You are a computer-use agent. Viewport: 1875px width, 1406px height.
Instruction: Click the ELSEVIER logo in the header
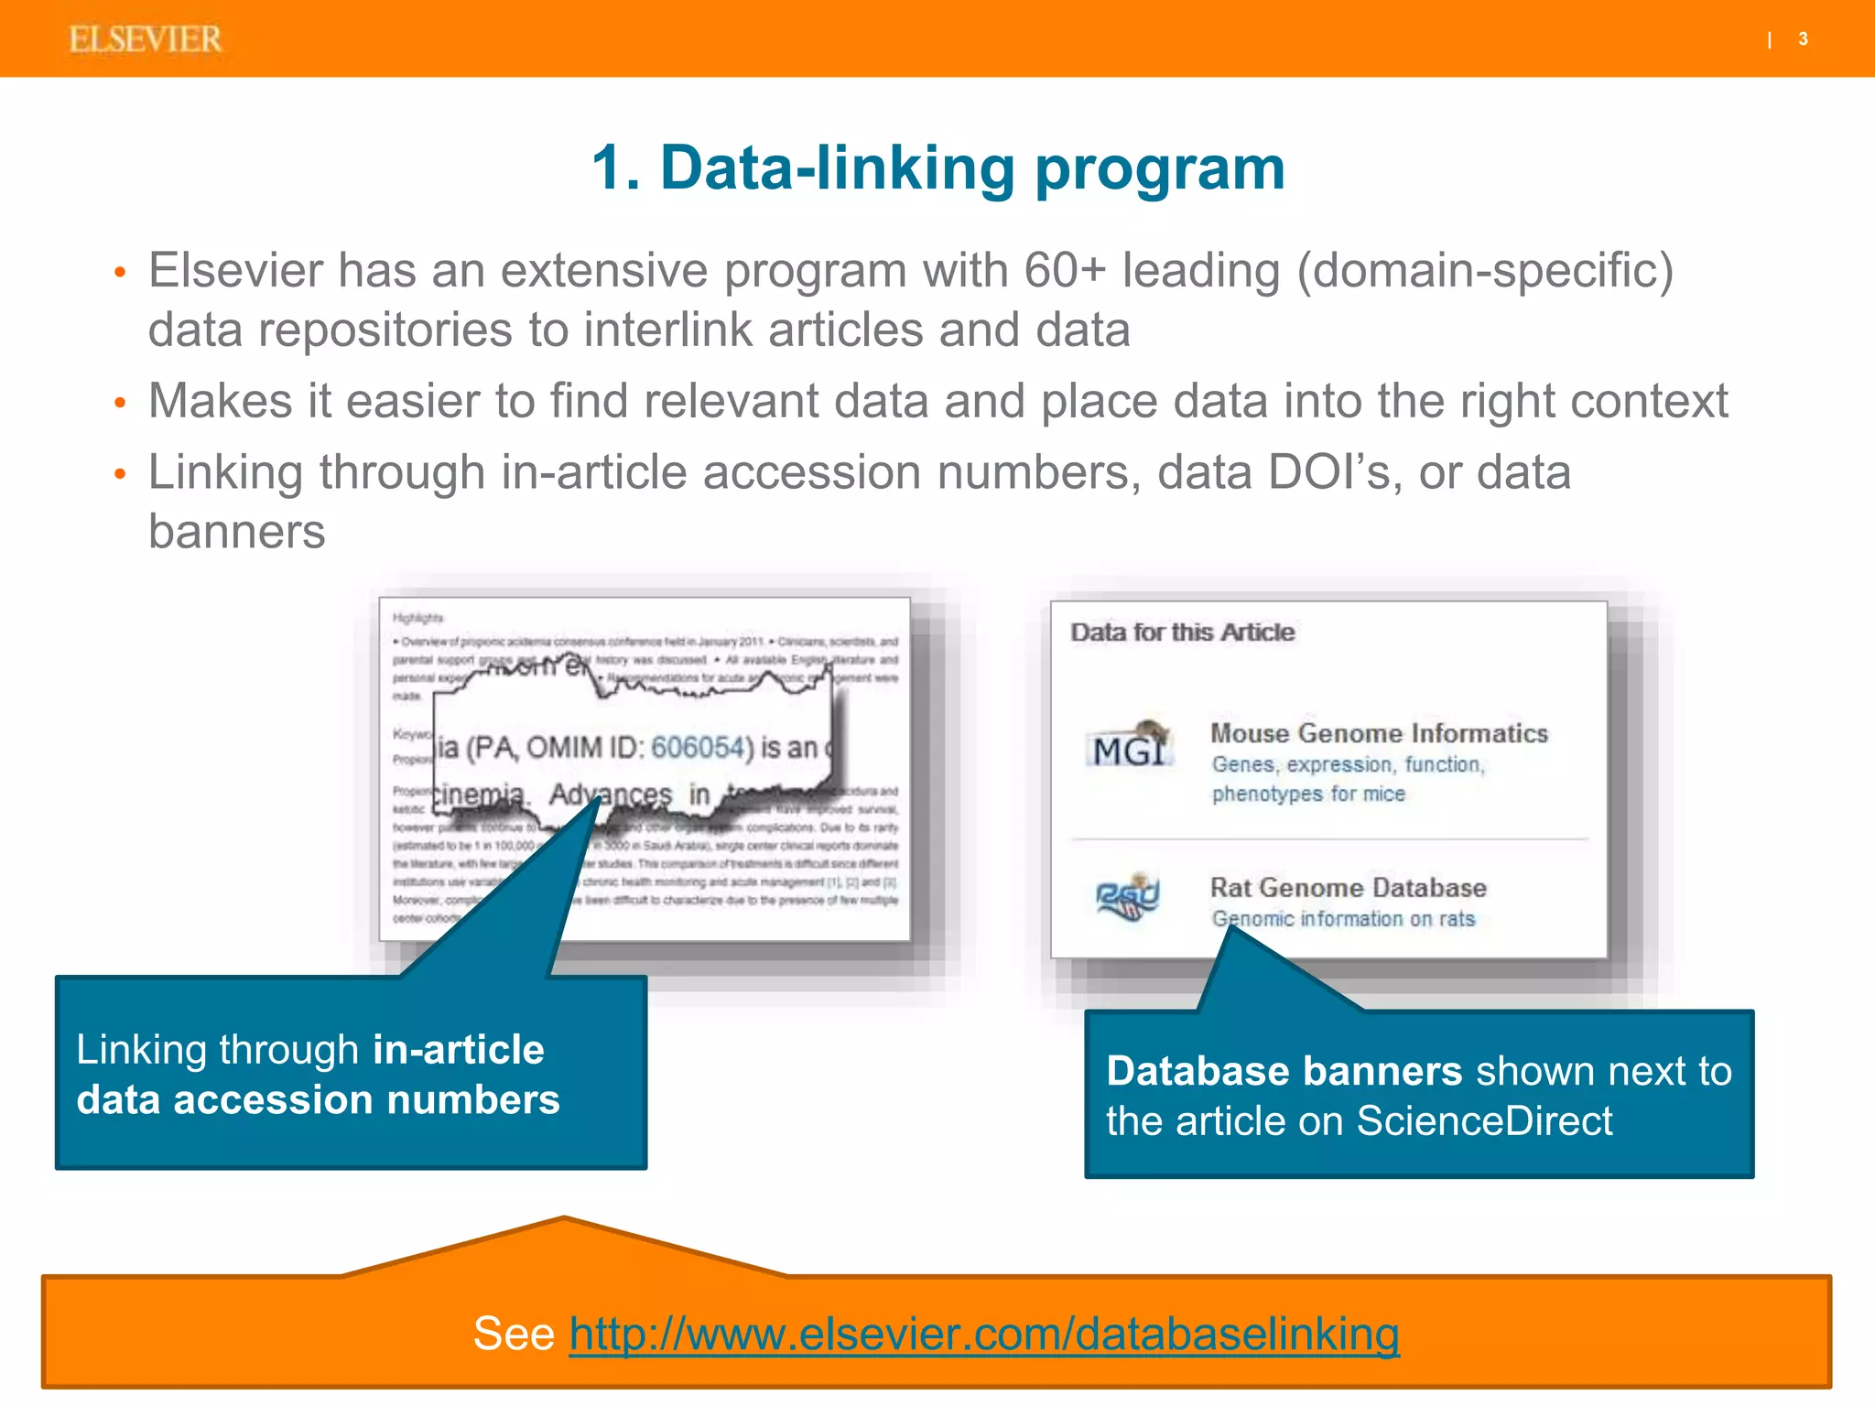click(x=145, y=39)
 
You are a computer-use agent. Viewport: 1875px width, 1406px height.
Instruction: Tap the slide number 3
click(x=1803, y=39)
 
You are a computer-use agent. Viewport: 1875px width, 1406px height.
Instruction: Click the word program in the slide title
click(x=1160, y=169)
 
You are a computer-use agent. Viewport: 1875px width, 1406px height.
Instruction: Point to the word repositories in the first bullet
click(x=385, y=330)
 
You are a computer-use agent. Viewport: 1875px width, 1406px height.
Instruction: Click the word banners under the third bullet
click(x=236, y=532)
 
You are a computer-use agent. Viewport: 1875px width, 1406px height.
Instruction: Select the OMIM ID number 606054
click(x=697, y=748)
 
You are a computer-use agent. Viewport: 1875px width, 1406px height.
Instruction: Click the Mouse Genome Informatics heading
click(x=1379, y=733)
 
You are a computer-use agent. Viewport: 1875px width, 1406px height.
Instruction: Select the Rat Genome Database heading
click(x=1348, y=888)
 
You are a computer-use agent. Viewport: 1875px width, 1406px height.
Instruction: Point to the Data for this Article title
click(x=1182, y=633)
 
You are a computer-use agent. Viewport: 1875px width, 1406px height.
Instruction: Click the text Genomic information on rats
click(x=1343, y=919)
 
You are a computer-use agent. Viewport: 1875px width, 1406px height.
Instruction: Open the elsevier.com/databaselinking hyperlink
click(x=983, y=1334)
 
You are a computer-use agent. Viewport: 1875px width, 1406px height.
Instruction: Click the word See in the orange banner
click(x=514, y=1334)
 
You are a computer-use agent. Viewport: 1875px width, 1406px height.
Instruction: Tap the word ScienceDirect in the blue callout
click(x=1483, y=1121)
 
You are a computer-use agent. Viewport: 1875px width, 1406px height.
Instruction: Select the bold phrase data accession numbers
click(x=318, y=1100)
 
